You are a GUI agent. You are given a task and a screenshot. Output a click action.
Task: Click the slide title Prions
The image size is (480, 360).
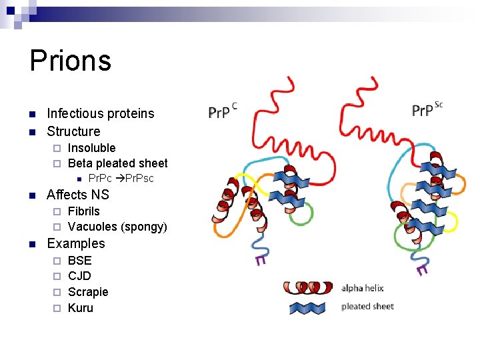70,61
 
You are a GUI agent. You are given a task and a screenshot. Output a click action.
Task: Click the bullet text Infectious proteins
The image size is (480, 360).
100,113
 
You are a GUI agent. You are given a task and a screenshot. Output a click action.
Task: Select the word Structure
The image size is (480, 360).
73,131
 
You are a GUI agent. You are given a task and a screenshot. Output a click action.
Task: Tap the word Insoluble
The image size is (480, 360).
91,148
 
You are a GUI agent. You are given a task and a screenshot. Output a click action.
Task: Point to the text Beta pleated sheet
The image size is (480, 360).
117,163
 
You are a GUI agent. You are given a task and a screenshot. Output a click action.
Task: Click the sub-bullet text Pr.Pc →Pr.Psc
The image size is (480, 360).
121,179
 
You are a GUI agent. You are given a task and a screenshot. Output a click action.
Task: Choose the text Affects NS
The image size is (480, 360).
77,195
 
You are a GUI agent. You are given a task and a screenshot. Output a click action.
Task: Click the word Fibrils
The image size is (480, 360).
84,211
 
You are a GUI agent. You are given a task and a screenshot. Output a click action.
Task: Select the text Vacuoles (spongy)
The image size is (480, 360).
117,227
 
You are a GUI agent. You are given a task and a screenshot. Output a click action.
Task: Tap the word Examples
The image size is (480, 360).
76,243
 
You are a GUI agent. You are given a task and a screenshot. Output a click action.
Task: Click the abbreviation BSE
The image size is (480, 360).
80,261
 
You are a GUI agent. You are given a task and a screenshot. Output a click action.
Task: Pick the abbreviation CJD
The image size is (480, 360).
79,276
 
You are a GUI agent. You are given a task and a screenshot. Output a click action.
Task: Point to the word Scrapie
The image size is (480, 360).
88,292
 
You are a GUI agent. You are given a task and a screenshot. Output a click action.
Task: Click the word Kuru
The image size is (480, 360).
81,308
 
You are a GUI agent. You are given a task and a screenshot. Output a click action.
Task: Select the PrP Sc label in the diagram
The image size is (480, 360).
427,109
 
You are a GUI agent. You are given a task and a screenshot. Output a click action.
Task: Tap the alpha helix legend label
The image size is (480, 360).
362,289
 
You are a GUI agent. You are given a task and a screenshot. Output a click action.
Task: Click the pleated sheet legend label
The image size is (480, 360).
367,307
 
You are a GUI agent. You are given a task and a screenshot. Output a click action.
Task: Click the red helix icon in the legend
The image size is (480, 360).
307,287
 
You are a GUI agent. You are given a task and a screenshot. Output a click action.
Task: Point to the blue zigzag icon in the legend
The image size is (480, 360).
313,307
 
